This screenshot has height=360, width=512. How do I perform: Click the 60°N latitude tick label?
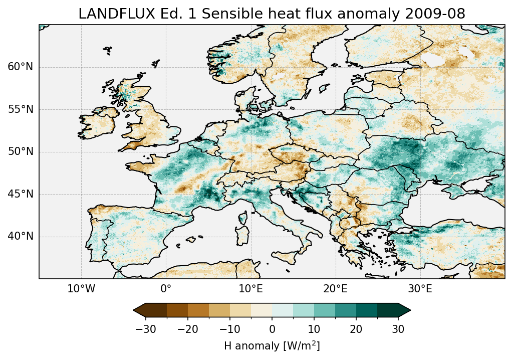click(20, 67)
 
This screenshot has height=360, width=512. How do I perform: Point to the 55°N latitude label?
click(20, 109)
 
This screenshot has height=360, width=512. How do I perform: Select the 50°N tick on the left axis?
click(20, 151)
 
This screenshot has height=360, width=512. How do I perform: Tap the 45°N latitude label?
click(20, 194)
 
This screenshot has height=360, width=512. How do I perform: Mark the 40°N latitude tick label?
click(20, 236)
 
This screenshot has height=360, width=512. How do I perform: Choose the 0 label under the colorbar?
click(272, 329)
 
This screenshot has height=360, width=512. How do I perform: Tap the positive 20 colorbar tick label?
click(356, 329)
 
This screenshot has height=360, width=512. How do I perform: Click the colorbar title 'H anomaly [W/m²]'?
click(272, 346)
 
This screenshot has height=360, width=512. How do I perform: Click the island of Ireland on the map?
click(98, 123)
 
